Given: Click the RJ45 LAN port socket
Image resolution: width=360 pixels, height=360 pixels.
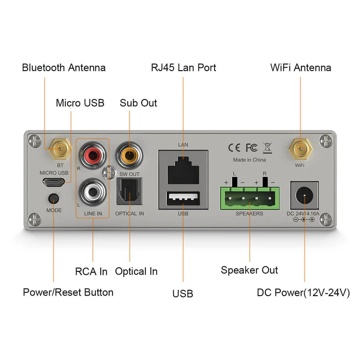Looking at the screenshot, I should pyautogui.click(x=183, y=170).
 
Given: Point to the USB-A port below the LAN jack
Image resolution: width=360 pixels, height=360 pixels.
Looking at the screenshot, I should pyautogui.click(x=183, y=198).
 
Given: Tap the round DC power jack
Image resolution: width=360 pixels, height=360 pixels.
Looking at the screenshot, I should pyautogui.click(x=305, y=196).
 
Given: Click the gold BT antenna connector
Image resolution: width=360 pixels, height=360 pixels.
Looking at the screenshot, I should pyautogui.click(x=60, y=149).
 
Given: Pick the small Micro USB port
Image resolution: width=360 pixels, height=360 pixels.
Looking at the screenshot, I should pyautogui.click(x=54, y=182).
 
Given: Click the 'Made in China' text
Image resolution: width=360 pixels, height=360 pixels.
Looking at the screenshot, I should pyautogui.click(x=249, y=160).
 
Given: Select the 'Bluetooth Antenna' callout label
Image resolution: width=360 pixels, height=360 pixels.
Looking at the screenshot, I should pyautogui.click(x=64, y=68).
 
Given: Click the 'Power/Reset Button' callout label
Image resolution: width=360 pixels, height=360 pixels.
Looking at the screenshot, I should pyautogui.click(x=68, y=292).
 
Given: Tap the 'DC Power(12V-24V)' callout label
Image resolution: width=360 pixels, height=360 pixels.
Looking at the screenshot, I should pyautogui.click(x=303, y=292).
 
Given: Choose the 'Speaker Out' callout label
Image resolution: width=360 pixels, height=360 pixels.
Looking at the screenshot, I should pyautogui.click(x=249, y=270).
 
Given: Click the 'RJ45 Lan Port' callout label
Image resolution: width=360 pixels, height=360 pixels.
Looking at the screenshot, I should pyautogui.click(x=184, y=68).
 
